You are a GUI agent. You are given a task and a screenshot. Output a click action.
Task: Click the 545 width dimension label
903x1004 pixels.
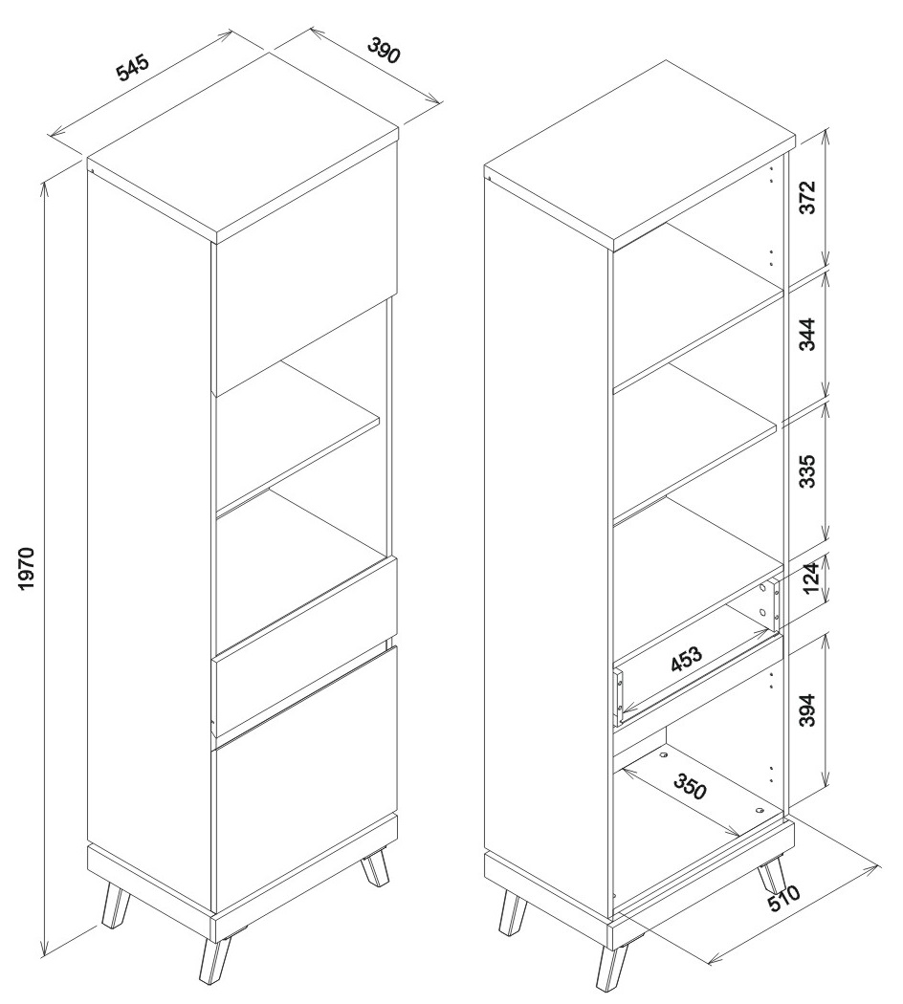(133, 68)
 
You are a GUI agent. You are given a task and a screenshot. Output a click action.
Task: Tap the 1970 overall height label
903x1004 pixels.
(26, 568)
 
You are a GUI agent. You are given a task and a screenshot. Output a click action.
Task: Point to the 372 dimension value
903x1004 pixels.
(808, 197)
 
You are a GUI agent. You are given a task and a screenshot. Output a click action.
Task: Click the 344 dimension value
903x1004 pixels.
(808, 334)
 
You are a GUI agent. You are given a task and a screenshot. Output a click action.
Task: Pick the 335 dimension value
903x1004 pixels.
(808, 471)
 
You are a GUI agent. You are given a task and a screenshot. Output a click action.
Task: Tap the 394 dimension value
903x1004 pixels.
(808, 709)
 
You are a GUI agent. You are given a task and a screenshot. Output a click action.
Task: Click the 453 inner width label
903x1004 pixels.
(687, 660)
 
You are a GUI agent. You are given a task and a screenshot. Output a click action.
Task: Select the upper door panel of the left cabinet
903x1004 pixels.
(305, 269)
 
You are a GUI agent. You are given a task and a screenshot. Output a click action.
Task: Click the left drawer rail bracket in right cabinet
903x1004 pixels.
(618, 698)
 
